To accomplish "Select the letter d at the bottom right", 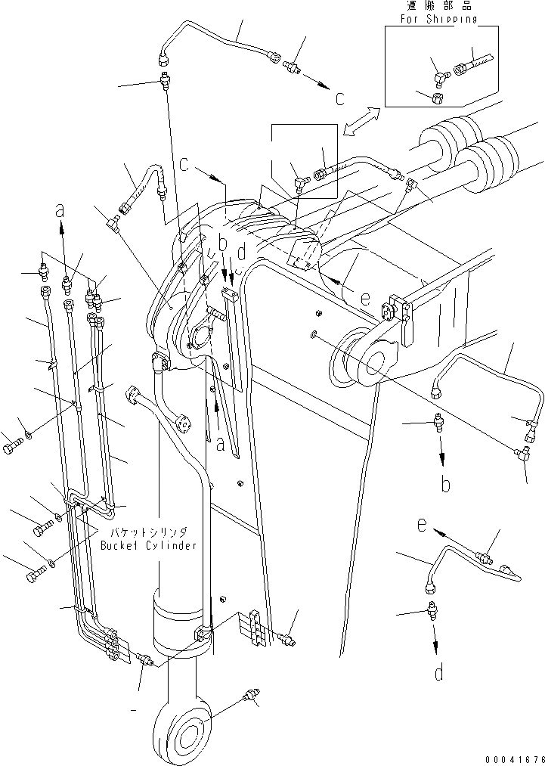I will [439, 672].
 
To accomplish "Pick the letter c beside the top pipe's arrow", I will [340, 98].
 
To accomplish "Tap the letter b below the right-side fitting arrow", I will [446, 484].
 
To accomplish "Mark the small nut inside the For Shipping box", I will [438, 97].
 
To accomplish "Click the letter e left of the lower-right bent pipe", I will [421, 523].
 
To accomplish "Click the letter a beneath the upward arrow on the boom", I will [221, 445].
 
